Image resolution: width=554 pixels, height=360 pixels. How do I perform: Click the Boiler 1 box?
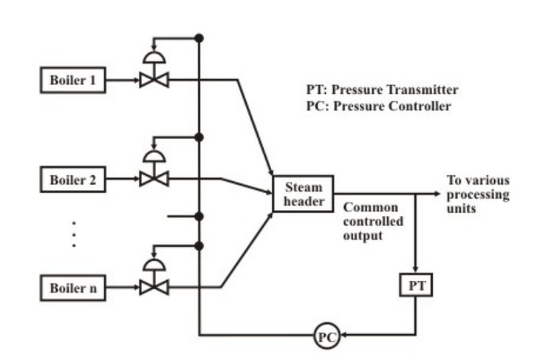coord(72,80)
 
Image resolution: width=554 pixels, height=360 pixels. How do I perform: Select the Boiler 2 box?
coord(72,178)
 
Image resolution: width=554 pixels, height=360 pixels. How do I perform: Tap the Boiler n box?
coord(72,288)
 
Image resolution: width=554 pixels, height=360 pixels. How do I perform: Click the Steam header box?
coord(304,194)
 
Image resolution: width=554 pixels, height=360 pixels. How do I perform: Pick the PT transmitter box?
coord(417,285)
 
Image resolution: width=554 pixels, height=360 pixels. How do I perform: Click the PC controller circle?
coord(326,337)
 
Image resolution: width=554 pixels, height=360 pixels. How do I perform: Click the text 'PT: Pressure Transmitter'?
coord(382,90)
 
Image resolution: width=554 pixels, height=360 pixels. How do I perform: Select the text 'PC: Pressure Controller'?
coord(377,106)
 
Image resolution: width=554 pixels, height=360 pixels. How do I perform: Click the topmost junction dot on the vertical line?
coord(199,38)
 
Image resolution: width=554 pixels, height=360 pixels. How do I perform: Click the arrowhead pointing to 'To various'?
coord(439,194)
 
